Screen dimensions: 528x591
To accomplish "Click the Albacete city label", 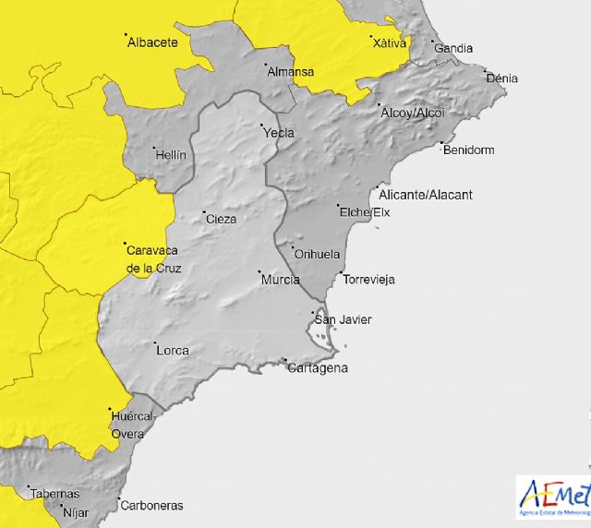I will pyautogui.click(x=152, y=42).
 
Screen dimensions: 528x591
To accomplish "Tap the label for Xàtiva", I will pyautogui.click(x=389, y=42).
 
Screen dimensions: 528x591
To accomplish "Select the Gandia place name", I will pyautogui.click(x=453, y=48).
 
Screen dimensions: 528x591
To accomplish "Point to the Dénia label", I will pyautogui.click(x=501, y=78).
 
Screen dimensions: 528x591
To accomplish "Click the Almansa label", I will pyautogui.click(x=290, y=71).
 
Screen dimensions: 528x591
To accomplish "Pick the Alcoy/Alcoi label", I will pyautogui.click(x=413, y=113).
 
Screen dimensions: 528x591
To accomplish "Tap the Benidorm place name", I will pyautogui.click(x=469, y=150).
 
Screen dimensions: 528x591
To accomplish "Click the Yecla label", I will pyautogui.click(x=279, y=133).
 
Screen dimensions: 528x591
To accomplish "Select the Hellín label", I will pyautogui.click(x=171, y=155).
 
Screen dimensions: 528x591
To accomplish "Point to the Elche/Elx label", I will pyautogui.click(x=366, y=213).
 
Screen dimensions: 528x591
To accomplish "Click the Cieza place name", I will pyautogui.click(x=221, y=219).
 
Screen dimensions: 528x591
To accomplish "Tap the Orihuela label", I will pyautogui.click(x=317, y=254).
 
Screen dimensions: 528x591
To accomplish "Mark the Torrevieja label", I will pyautogui.click(x=368, y=279).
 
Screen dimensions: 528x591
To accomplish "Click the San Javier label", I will pyautogui.click(x=344, y=319).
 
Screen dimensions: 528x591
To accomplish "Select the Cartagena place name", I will pyautogui.click(x=318, y=368).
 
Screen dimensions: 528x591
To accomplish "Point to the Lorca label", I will pyautogui.click(x=173, y=351).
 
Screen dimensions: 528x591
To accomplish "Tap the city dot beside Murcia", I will pyautogui.click(x=259, y=271).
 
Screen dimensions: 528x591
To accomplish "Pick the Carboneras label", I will pyautogui.click(x=151, y=506).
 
